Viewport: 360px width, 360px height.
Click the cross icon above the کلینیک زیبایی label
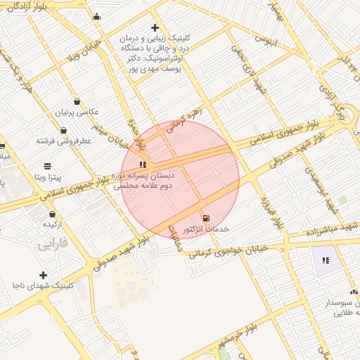coord(155,27)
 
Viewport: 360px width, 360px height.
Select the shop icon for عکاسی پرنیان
coord(77,101)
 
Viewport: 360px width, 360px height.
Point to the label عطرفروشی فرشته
coord(65,140)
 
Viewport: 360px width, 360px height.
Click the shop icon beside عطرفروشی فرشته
coord(64,130)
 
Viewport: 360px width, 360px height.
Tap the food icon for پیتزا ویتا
coord(47,165)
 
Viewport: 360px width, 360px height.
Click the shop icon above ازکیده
coord(52,214)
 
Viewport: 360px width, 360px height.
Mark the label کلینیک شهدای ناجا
coord(44,285)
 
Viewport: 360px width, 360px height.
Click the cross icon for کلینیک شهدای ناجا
coord(44,275)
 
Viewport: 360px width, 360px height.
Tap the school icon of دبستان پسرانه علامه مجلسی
coord(143,164)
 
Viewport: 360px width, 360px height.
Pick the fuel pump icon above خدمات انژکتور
coord(205,219)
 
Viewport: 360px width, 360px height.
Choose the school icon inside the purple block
coord(325,260)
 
